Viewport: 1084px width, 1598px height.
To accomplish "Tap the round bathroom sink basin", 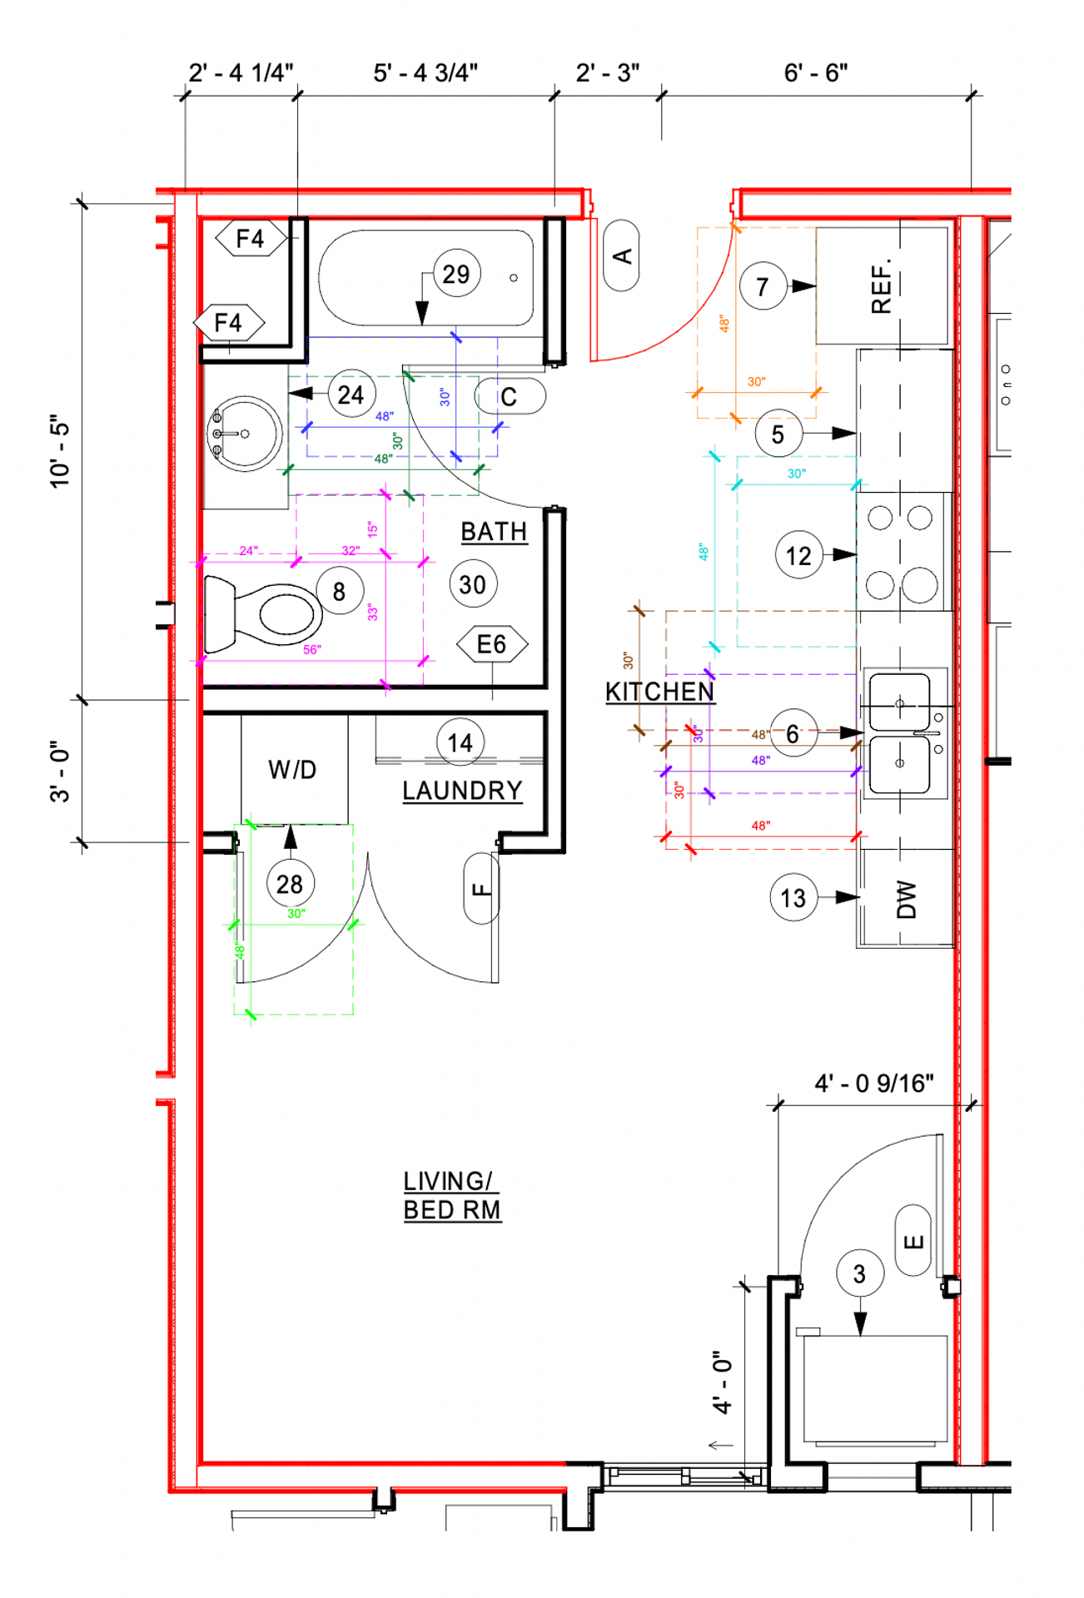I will tap(244, 434).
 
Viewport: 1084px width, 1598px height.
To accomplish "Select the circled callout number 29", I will tap(456, 274).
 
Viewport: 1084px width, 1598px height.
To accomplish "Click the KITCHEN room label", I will tap(659, 692).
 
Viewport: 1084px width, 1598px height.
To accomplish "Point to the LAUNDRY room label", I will tap(462, 791).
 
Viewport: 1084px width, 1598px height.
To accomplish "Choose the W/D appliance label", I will tap(292, 770).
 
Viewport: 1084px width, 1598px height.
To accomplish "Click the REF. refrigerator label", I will tap(881, 285).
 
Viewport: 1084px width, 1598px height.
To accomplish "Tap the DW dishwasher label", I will tap(906, 899).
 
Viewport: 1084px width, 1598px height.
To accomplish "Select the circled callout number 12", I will tap(798, 555).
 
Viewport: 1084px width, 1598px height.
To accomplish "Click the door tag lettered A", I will tap(621, 256).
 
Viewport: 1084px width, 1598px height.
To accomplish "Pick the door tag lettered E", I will tap(913, 1241).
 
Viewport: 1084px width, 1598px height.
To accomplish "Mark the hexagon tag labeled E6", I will tap(492, 644).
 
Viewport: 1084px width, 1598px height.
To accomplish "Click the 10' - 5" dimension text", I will tap(60, 450).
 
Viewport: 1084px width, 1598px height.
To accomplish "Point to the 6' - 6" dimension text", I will tap(816, 73).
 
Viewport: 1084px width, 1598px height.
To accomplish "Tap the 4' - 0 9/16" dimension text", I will tap(873, 1083).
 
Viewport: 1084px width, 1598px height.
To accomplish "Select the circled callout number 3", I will tap(859, 1273).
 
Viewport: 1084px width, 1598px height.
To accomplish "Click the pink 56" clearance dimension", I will tap(312, 650).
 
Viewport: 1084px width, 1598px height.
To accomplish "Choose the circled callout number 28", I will tap(290, 884).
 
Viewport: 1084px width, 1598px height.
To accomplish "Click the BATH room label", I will tap(494, 532).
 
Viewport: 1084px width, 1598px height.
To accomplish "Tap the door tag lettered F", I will tap(481, 888).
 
